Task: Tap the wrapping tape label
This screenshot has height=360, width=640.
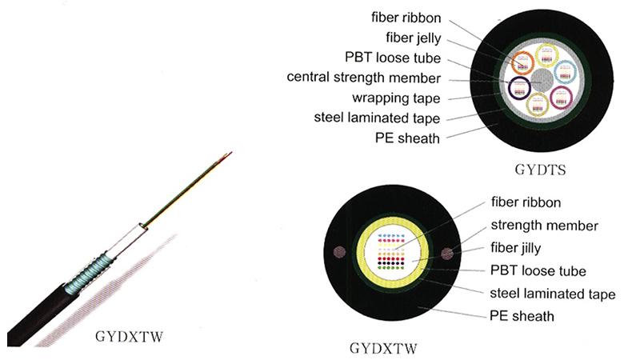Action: [397, 98]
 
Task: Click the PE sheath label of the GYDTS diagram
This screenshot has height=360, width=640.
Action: [407, 138]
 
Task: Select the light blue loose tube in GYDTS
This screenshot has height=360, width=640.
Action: [565, 72]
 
